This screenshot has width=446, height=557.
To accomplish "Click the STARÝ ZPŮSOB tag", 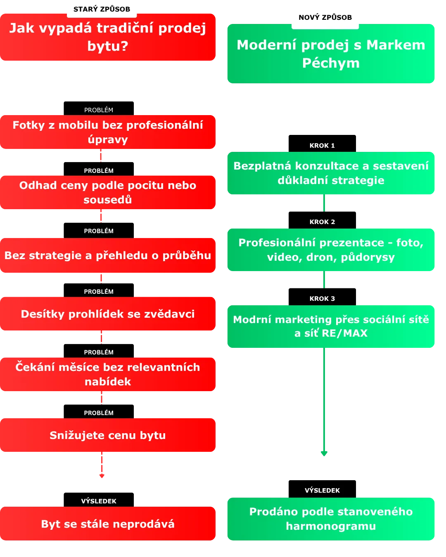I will coord(102,9).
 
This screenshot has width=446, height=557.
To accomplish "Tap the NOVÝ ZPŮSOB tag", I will coord(325,17).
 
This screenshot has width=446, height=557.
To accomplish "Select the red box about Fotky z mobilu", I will coord(108,132).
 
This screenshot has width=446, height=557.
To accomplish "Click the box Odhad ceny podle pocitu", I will coord(108,192).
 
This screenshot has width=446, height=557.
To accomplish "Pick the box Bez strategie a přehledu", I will coord(108,255).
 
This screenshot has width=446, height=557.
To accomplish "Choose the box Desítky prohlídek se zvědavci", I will coord(108,314).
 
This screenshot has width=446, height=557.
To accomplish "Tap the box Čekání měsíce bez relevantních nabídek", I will coord(108,374).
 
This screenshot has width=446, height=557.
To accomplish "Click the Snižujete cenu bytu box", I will coord(108,435).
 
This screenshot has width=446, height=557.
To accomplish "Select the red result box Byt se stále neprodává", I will coord(108,524).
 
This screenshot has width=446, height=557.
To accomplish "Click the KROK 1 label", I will coord(322,146).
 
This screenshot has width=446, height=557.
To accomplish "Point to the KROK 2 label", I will coord(322,222).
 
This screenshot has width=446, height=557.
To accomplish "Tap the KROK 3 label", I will coord(322,299).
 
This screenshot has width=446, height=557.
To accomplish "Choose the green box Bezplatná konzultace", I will coord(331,173).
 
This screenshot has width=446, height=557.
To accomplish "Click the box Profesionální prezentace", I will coord(331,250).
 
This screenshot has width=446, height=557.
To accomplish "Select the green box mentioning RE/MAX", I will coord(331,326).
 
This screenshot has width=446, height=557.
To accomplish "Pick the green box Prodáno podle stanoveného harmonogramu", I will coord(331,519).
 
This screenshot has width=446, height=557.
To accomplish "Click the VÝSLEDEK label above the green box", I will coord(322,491).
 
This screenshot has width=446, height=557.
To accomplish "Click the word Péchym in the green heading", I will coord(331,63).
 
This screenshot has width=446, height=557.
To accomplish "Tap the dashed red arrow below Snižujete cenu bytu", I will coord(102,465).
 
